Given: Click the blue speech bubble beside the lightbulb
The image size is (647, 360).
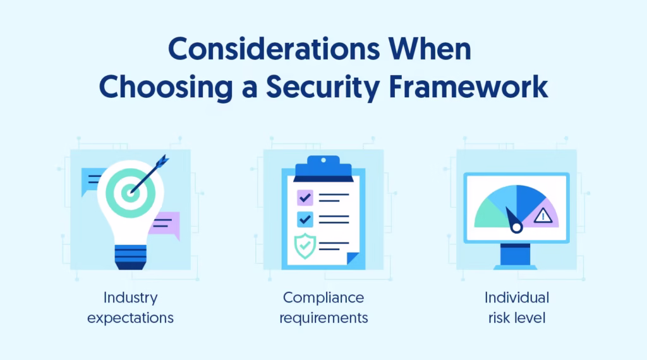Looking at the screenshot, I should pyautogui.click(x=92, y=181).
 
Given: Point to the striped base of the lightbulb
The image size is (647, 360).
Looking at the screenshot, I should pyautogui.click(x=130, y=256).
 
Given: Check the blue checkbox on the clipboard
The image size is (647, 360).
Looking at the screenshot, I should pyautogui.click(x=305, y=219).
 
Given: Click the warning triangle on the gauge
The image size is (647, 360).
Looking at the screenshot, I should pyautogui.click(x=543, y=217).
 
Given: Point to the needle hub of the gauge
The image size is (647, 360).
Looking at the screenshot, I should pyautogui.click(x=516, y=226).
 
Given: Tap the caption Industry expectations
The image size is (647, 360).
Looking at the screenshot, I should pyautogui.click(x=130, y=307).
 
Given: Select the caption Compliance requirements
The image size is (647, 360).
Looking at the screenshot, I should pyautogui.click(x=323, y=307).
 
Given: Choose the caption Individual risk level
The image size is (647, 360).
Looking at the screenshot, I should pyautogui.click(x=517, y=307).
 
